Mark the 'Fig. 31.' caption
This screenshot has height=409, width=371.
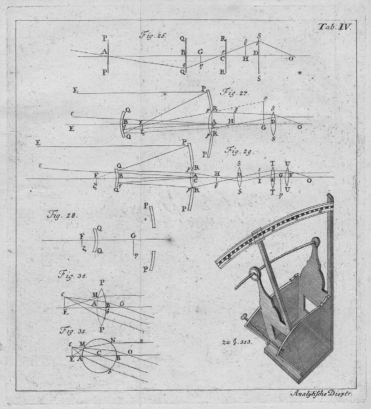[x=72, y=331]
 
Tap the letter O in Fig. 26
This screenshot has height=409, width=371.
[x=291, y=58]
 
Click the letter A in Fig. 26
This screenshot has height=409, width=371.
[x=104, y=51]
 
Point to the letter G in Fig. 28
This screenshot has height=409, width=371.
[x=133, y=236]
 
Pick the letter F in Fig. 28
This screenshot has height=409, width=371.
[x=81, y=236]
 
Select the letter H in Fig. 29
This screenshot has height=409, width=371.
[x=217, y=174]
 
